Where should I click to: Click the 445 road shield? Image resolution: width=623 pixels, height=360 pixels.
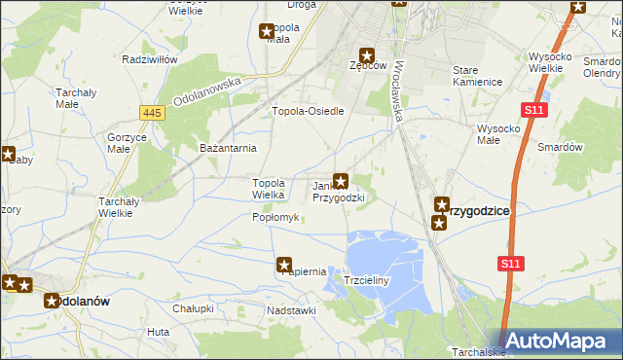pyautogui.click(x=151, y=114)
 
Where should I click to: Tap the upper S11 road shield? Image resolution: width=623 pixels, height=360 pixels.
pyautogui.click(x=533, y=112)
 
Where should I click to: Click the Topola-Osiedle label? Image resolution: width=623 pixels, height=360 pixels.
pyautogui.click(x=309, y=111)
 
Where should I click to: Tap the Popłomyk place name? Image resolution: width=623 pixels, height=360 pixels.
pyautogui.click(x=275, y=217)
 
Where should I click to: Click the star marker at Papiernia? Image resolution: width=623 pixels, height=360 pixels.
pyautogui.click(x=285, y=264)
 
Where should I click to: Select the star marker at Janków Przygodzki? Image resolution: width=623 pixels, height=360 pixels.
pyautogui.click(x=342, y=180)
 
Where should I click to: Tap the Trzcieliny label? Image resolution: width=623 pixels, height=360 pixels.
pyautogui.click(x=366, y=280)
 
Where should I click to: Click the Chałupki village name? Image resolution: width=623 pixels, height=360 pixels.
pyautogui.click(x=193, y=308)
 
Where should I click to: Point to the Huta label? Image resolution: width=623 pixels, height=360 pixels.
pyautogui.click(x=159, y=332)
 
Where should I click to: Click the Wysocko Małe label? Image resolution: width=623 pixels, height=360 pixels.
pyautogui.click(x=502, y=133)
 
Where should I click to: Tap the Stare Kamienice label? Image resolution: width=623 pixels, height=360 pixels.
pyautogui.click(x=478, y=76)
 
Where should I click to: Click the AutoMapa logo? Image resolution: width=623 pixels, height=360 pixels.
pyautogui.click(x=560, y=340)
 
